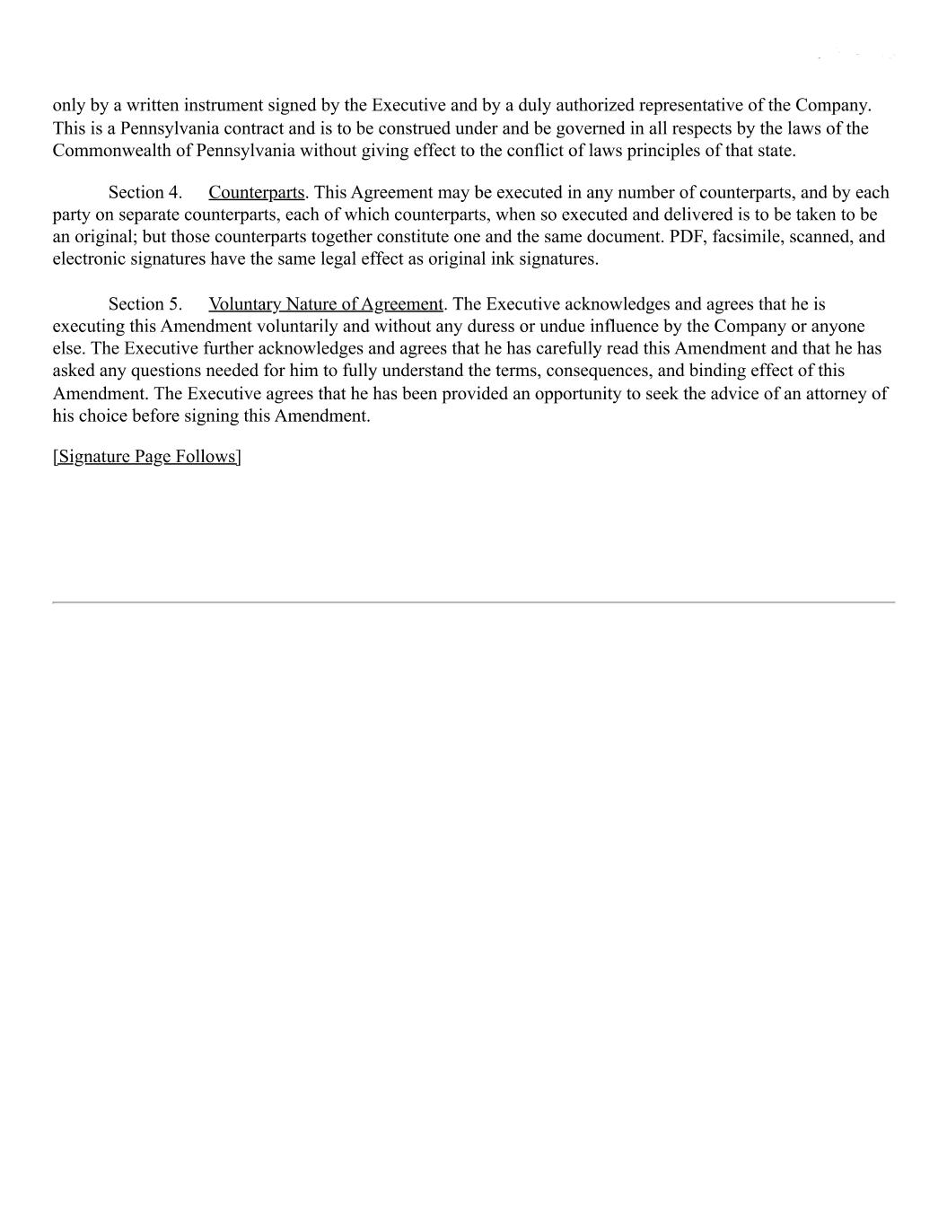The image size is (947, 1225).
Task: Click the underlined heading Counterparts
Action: [256, 193]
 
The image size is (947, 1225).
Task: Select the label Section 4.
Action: [145, 193]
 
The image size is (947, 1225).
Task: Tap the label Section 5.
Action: [145, 304]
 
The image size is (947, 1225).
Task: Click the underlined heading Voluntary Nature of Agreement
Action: [325, 304]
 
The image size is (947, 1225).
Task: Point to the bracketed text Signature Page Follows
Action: [146, 457]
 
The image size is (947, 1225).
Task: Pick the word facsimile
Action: [744, 237]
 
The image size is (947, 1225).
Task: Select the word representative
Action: [691, 106]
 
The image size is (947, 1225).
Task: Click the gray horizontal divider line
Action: [473, 602]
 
